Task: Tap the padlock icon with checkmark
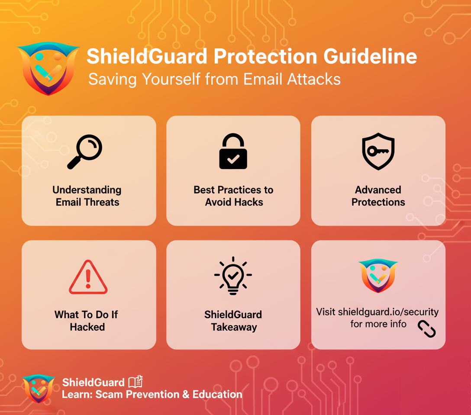pyautogui.click(x=233, y=151)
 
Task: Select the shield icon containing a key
pyautogui.click(x=378, y=151)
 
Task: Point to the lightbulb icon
pyautogui.click(x=233, y=275)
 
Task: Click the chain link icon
pyautogui.click(x=426, y=329)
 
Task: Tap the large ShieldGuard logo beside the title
pyautogui.click(x=48, y=68)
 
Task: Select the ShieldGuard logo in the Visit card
pyautogui.click(x=378, y=275)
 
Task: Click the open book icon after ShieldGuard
pyautogui.click(x=135, y=382)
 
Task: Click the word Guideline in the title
pyautogui.click(x=370, y=56)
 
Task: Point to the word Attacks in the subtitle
pyautogui.click(x=314, y=79)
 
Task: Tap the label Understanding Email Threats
pyautogui.click(x=87, y=196)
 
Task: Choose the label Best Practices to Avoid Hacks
pyautogui.click(x=233, y=196)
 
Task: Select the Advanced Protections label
pyautogui.click(x=378, y=196)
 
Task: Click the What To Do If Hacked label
pyautogui.click(x=87, y=321)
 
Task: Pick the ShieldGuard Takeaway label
pyautogui.click(x=233, y=321)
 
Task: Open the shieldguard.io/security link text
pyautogui.click(x=388, y=312)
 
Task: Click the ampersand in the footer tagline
pyautogui.click(x=186, y=394)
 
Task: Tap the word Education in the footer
pyautogui.click(x=217, y=394)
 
